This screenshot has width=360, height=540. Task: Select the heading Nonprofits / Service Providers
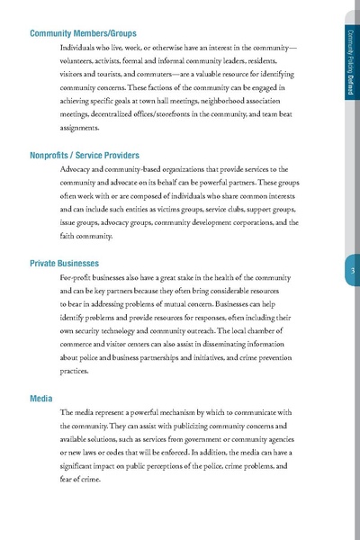(x=91, y=156)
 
